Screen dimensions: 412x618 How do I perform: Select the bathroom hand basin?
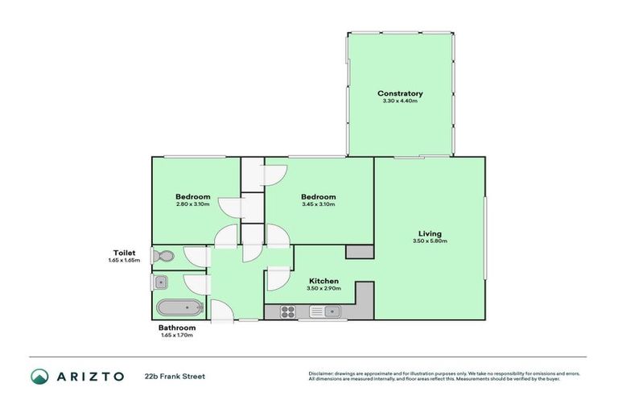coord(160,282)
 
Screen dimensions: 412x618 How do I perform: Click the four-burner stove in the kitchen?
coord(287,311)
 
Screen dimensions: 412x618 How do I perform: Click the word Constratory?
coord(400,94)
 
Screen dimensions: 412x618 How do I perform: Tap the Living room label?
coord(431,233)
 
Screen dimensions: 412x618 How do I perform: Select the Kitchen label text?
coord(324,281)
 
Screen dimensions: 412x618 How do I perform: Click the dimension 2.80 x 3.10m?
coord(193,204)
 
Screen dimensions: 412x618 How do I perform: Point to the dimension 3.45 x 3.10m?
coord(318,204)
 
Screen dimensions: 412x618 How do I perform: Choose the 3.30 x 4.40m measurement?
coord(400,101)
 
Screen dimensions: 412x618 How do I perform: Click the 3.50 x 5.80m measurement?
coord(431,241)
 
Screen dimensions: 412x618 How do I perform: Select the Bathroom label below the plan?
coord(176,328)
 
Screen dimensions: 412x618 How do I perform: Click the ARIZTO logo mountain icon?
coord(39,376)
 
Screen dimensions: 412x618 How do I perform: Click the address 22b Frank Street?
coord(175,376)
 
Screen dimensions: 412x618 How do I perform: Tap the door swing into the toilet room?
coord(196,256)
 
